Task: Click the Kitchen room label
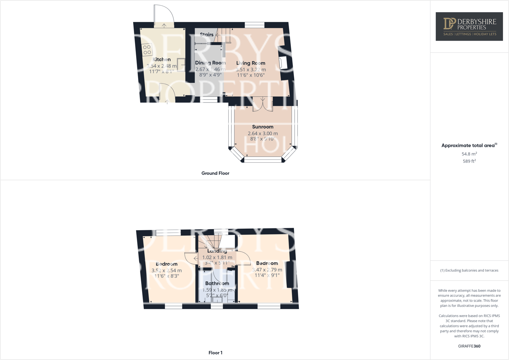pyautogui.click(x=162, y=60)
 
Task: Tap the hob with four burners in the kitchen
pyautogui.click(x=147, y=50)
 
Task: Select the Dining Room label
pyautogui.click(x=210, y=63)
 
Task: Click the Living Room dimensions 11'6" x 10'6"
pyautogui.click(x=250, y=75)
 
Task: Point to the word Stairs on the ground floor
pyautogui.click(x=207, y=35)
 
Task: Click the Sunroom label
pyautogui.click(x=262, y=127)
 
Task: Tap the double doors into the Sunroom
pyautogui.click(x=262, y=104)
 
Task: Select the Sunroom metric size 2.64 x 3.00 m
pyautogui.click(x=262, y=134)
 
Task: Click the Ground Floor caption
pyautogui.click(x=215, y=173)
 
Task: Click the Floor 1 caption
pyautogui.click(x=215, y=353)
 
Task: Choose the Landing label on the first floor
pyautogui.click(x=217, y=251)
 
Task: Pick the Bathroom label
pyautogui.click(x=217, y=283)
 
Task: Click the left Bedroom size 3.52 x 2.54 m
pyautogui.click(x=167, y=270)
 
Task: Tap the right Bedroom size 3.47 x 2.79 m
pyautogui.click(x=267, y=270)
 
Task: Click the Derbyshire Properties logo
pyautogui.click(x=469, y=27)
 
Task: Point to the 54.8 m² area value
pyautogui.click(x=469, y=154)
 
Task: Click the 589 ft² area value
pyautogui.click(x=469, y=161)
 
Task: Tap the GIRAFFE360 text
pyautogui.click(x=469, y=346)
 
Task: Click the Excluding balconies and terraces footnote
pyautogui.click(x=469, y=270)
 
